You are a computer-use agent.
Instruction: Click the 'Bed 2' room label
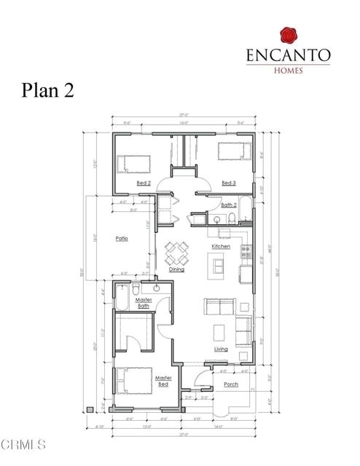pos(144,183)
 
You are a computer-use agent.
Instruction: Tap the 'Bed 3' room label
pos(228,183)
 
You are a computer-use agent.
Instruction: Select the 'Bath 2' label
pos(229,205)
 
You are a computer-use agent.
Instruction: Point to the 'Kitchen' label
pos(221,247)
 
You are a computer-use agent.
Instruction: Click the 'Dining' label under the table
pos(176,269)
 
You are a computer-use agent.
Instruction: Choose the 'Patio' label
pos(122,238)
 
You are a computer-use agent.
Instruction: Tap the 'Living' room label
pos(221,349)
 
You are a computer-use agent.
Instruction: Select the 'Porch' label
pos(230,384)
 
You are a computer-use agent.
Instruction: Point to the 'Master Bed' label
pos(163,380)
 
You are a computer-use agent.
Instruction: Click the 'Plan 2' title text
pos(47,91)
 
